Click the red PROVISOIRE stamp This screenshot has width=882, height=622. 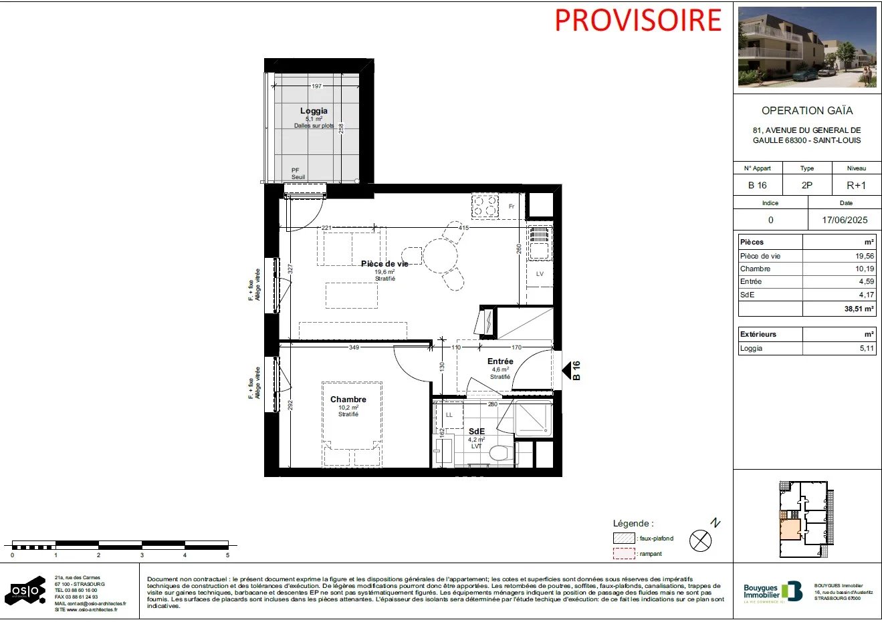[x=637, y=20]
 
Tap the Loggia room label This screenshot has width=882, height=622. [x=314, y=111]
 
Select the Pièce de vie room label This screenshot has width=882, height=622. [x=384, y=264]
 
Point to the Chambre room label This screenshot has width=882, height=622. [x=348, y=400]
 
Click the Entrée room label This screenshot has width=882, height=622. [x=500, y=361]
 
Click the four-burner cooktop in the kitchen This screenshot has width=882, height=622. [x=485, y=206]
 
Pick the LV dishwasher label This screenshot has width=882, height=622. [x=540, y=274]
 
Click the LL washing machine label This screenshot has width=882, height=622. [x=449, y=415]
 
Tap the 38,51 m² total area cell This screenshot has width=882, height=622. [x=859, y=309]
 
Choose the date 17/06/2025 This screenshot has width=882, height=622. [x=845, y=220]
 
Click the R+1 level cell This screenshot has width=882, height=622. [x=856, y=185]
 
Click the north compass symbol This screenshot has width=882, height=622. [x=700, y=540]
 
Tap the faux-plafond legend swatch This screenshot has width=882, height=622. [x=624, y=538]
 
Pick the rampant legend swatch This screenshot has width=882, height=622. [x=624, y=554]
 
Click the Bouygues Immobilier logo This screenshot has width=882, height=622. [x=772, y=592]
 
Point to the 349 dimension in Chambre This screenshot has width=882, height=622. [x=354, y=347]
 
